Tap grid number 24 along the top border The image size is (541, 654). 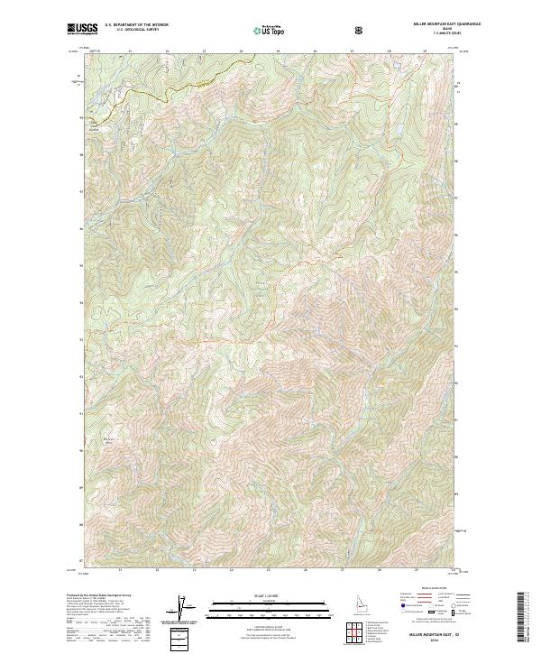241,51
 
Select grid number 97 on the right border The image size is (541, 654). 459,190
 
